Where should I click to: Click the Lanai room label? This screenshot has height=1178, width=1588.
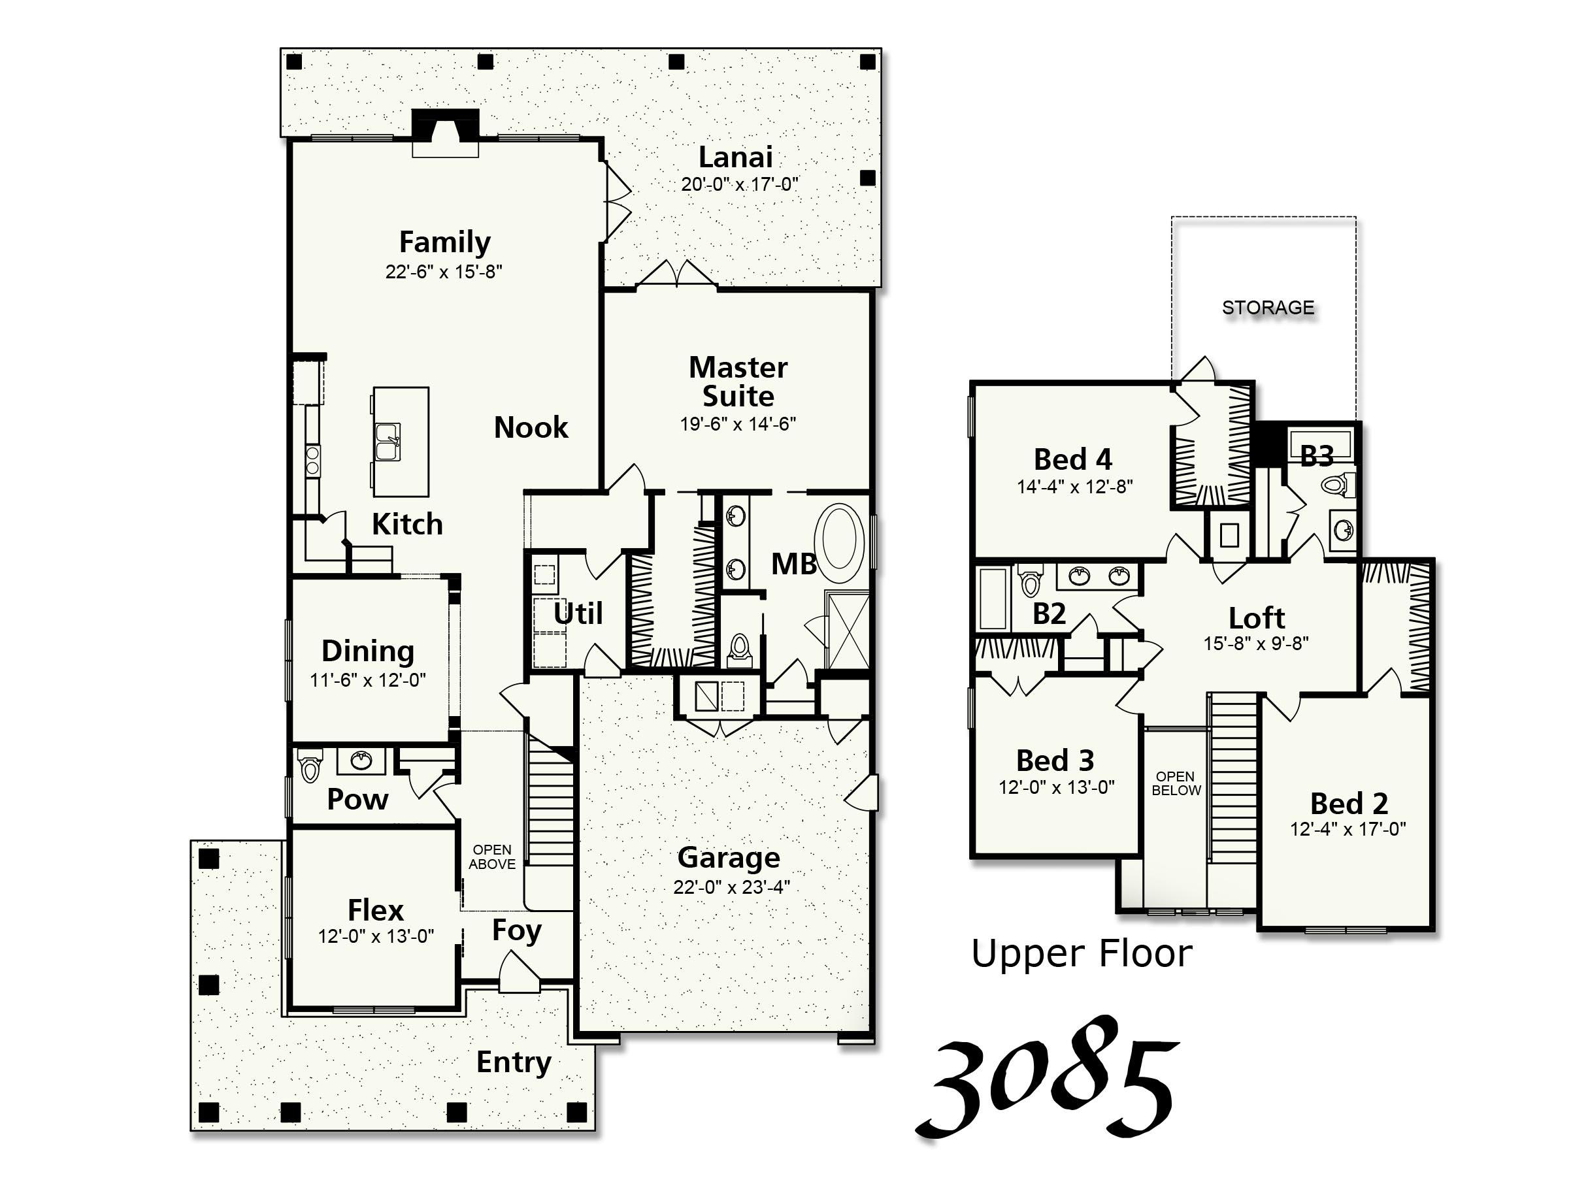(x=735, y=157)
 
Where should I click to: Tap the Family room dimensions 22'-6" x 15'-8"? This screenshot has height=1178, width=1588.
(x=444, y=272)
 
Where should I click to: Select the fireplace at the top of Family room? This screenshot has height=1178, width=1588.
(x=446, y=132)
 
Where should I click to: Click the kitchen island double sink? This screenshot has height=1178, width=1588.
(x=389, y=442)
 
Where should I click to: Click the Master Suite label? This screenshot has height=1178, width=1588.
(x=738, y=382)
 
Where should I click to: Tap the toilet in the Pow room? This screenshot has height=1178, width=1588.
(x=310, y=766)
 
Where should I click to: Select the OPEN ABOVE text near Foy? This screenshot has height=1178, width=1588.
(x=492, y=857)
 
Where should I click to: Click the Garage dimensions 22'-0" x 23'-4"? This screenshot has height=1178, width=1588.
(x=732, y=887)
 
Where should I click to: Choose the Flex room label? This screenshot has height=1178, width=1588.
(x=375, y=910)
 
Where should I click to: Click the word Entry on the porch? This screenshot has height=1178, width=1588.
(x=514, y=1062)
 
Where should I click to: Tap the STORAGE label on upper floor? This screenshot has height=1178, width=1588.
(x=1268, y=307)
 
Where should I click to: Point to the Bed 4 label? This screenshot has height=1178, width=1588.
(x=1072, y=459)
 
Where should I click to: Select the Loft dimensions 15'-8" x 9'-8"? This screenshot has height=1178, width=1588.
(x=1256, y=643)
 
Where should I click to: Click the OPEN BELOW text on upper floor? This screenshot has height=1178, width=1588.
(x=1176, y=783)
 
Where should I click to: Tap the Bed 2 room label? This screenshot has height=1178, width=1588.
(x=1348, y=804)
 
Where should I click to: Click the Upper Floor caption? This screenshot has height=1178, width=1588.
(x=1081, y=953)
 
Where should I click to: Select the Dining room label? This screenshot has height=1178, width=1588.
(x=367, y=650)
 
